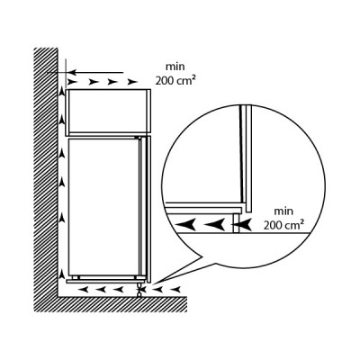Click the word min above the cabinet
point(175,67)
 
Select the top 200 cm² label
point(175,80)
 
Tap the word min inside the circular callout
point(283,211)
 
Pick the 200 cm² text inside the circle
point(283,225)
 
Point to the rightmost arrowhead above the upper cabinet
point(132,82)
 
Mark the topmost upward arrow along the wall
point(62,91)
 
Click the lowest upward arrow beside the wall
point(62,274)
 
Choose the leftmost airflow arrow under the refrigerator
point(83,290)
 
